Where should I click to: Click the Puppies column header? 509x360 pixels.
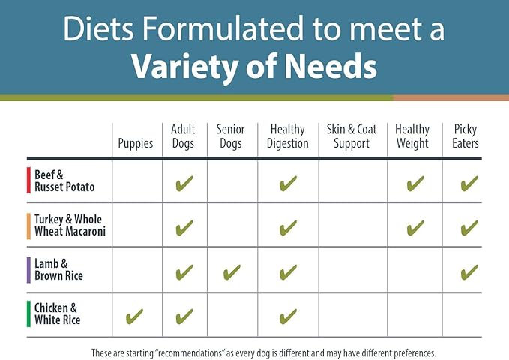coord(136,143)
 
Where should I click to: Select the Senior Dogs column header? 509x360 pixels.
coord(231,136)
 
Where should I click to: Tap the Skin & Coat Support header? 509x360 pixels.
coord(352,136)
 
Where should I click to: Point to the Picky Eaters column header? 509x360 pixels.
coord(466,136)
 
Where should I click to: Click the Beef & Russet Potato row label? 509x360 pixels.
coord(64,181)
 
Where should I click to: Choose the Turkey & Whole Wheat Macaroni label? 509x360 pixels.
coord(70,225)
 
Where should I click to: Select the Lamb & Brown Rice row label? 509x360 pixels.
coord(58,269)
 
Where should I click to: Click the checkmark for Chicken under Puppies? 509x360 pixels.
coord(136,316)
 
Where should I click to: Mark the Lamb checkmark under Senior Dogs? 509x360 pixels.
coord(232,271)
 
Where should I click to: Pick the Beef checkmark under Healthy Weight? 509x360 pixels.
coord(415,183)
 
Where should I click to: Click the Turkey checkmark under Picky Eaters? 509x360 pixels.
coord(469,227)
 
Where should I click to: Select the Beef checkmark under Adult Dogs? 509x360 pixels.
coord(184,183)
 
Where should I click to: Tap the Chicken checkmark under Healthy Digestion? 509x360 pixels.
coord(287,316)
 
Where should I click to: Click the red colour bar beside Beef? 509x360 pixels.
coord(28,181)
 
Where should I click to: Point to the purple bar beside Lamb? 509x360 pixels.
coord(28,270)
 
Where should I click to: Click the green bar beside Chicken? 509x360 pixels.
coord(28,314)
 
